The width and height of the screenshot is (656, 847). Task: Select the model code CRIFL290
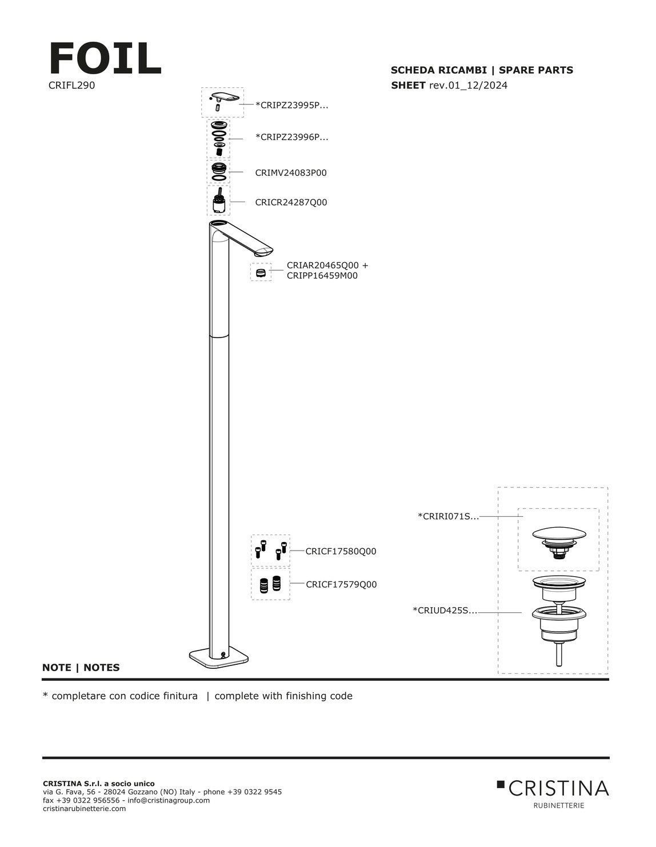[x=72, y=85]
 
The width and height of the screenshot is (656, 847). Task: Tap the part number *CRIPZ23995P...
[x=292, y=105]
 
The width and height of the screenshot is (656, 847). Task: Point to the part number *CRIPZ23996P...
[x=292, y=137]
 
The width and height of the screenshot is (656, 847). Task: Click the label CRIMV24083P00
[x=291, y=172]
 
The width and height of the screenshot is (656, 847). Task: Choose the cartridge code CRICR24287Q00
[x=291, y=202]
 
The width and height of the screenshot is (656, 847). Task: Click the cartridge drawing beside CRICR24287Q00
[x=218, y=201]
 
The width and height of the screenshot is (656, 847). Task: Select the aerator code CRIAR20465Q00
[x=322, y=266]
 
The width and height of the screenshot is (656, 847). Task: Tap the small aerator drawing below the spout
[x=261, y=272]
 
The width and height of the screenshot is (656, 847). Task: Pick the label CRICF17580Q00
[x=341, y=551]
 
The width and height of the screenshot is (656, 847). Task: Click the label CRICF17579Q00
[x=341, y=584]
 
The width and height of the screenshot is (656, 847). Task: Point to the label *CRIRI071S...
[x=448, y=516]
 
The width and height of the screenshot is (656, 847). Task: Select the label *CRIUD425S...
[x=445, y=611]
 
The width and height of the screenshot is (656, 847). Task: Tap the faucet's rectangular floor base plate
[x=219, y=659]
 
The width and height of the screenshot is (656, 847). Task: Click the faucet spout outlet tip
[x=263, y=254]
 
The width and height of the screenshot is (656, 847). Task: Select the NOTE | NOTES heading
[x=81, y=668]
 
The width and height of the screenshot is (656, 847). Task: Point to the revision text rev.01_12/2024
[x=469, y=85]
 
